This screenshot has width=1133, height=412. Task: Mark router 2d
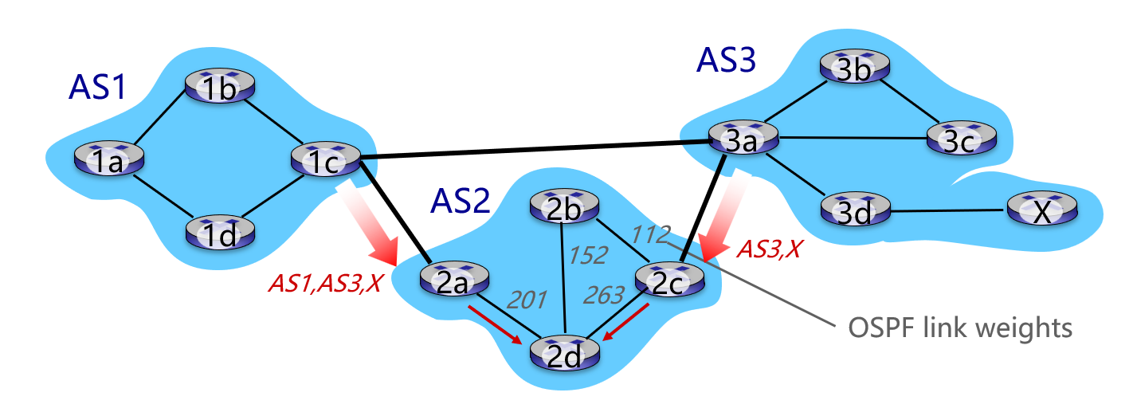(x=565, y=351)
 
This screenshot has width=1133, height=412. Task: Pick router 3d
(x=855, y=210)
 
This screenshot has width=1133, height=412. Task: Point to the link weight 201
(x=527, y=300)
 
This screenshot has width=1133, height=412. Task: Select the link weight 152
(x=588, y=255)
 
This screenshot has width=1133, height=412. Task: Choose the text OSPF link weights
(x=951, y=326)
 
